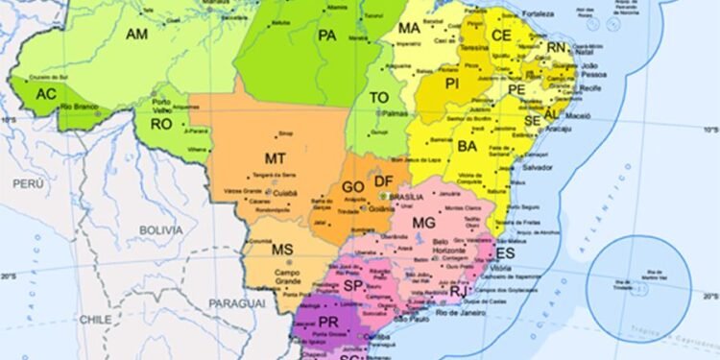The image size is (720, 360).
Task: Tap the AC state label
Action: [x=47, y=94]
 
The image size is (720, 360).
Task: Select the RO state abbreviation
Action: [x=160, y=124]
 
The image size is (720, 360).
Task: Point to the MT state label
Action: [x=275, y=157]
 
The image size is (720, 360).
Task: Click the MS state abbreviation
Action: [x=281, y=250]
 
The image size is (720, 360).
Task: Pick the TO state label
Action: [x=380, y=98]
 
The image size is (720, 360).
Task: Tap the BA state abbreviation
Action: [x=468, y=146]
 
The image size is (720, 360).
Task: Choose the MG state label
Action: [x=423, y=223]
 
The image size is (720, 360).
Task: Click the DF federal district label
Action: [x=384, y=181]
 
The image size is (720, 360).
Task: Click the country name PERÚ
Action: [x=22, y=181]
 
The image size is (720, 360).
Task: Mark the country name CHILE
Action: [x=95, y=319]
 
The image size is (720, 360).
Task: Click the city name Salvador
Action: [x=537, y=167]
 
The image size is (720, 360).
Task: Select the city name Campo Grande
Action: [x=287, y=276]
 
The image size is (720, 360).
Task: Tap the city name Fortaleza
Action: [x=539, y=14]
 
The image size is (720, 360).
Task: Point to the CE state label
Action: [x=501, y=35]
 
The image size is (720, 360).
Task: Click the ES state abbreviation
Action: [x=506, y=252]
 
